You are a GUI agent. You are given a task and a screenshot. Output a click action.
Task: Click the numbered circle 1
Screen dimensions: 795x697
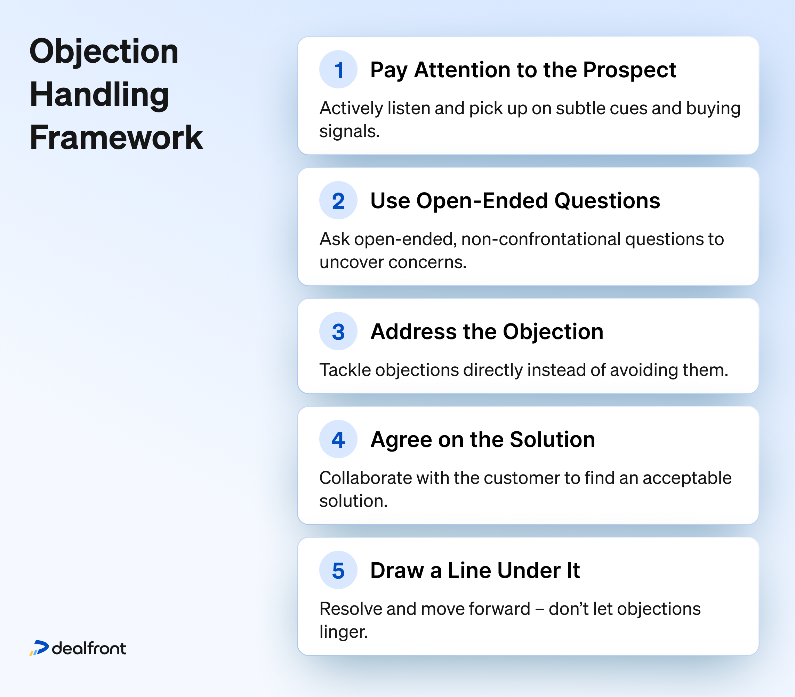(x=338, y=70)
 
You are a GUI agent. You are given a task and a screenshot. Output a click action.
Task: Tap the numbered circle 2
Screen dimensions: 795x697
(x=338, y=200)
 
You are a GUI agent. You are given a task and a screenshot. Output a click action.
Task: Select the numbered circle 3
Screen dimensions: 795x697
(x=338, y=331)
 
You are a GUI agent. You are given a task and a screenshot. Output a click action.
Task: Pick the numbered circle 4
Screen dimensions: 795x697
(x=338, y=439)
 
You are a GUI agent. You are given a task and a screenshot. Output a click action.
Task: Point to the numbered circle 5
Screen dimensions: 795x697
(x=338, y=570)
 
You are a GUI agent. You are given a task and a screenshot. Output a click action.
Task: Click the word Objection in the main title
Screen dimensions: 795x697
(x=104, y=53)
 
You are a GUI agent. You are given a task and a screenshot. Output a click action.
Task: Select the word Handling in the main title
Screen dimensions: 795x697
(x=99, y=95)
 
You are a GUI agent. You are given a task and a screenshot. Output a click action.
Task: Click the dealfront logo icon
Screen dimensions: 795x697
(x=39, y=648)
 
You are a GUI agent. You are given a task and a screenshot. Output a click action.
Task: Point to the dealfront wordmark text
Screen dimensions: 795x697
(x=89, y=648)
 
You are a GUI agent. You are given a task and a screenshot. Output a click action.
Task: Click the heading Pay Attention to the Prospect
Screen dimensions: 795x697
(x=523, y=70)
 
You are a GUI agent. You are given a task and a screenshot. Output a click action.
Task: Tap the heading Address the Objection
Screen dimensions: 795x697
(x=487, y=332)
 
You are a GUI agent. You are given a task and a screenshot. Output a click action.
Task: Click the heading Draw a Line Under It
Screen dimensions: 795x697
(x=475, y=571)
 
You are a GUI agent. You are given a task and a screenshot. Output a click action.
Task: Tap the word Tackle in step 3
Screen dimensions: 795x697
(x=345, y=370)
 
